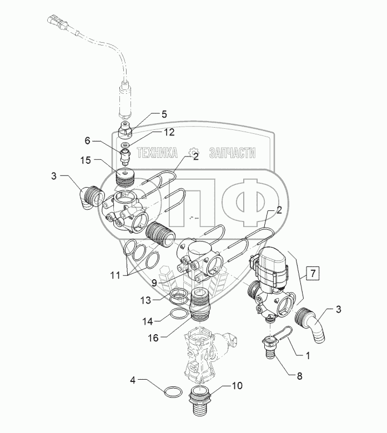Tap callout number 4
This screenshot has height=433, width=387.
(x=132, y=380)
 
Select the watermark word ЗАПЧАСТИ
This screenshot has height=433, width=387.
(x=230, y=153)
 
